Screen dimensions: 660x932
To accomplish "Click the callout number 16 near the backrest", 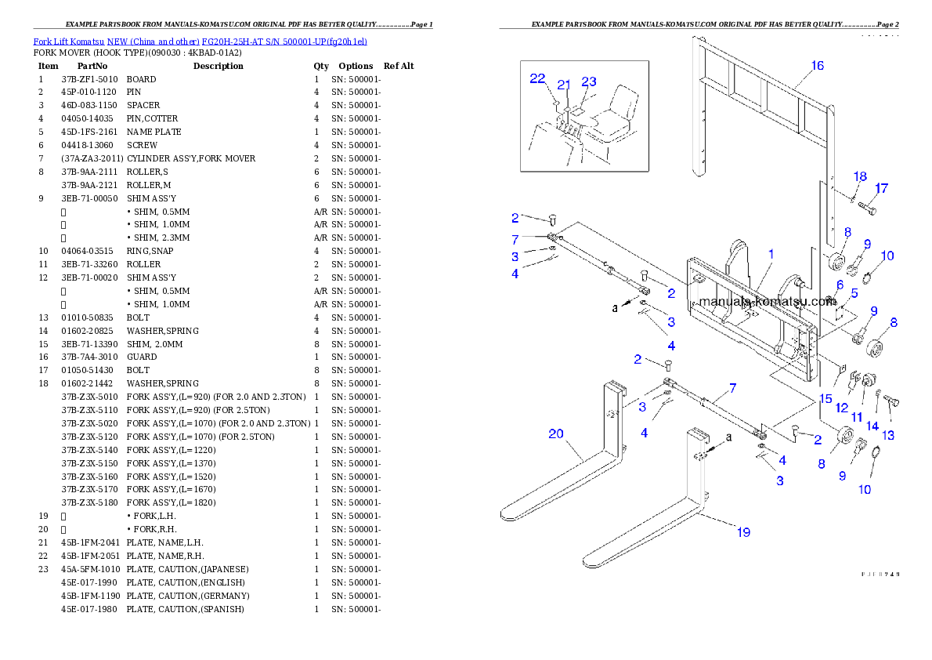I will click(817, 66).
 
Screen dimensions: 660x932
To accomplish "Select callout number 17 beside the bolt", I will click(881, 189).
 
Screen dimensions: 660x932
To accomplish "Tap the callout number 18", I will click(860, 176).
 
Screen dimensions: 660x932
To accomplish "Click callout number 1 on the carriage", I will click(771, 254).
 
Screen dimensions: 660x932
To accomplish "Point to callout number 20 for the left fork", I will click(555, 433).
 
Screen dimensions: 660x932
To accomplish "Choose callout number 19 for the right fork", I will click(743, 532).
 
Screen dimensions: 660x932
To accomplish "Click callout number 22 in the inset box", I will click(537, 78).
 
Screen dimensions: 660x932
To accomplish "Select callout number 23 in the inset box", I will click(589, 82).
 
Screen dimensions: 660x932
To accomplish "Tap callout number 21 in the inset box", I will click(564, 85).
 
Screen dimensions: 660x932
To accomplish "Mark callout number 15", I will click(825, 399).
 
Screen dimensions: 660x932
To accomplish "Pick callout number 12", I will click(841, 408).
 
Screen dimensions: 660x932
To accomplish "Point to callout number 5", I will click(854, 293).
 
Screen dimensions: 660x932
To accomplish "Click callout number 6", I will click(839, 285).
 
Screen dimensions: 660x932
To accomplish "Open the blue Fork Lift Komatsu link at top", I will click(200, 42).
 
